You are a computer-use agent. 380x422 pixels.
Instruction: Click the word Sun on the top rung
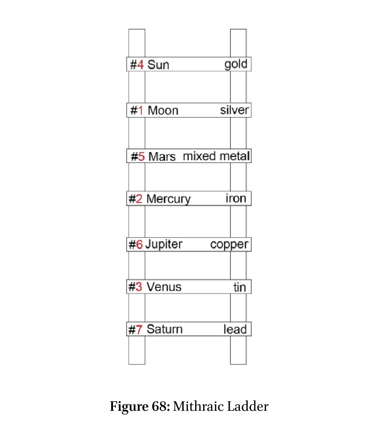[158, 65]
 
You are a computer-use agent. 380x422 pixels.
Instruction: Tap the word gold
[236, 64]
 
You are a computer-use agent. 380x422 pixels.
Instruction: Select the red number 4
[140, 65]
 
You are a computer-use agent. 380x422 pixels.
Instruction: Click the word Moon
[163, 110]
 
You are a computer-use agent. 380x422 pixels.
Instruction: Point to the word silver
[234, 110]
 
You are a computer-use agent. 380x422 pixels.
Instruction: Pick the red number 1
[141, 110]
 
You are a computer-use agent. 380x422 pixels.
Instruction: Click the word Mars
[162, 156]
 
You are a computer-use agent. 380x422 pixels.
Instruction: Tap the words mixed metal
[216, 156]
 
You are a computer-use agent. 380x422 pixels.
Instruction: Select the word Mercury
[169, 199]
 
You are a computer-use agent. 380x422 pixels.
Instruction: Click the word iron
[236, 198]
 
